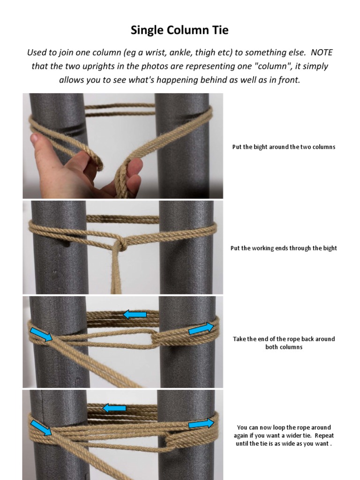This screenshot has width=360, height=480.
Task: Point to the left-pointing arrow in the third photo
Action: pos(135,315)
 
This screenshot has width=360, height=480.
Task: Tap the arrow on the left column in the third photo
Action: pos(41,334)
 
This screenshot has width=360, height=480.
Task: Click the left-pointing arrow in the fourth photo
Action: pos(114,408)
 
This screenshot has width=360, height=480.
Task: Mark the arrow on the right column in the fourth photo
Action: pos(200,424)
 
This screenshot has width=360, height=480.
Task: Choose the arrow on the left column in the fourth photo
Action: pos(41,428)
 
